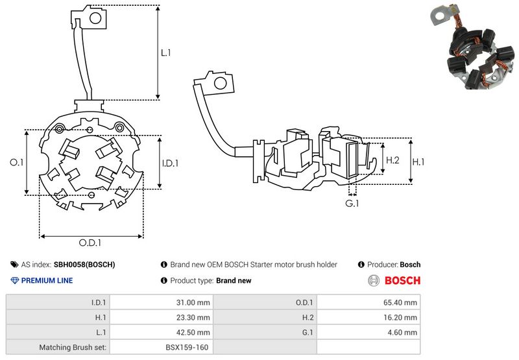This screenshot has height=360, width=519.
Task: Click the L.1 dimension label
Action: pyautogui.click(x=165, y=53)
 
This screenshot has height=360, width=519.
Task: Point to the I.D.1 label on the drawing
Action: pyautogui.click(x=170, y=163)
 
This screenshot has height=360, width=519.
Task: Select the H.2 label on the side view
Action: pyautogui.click(x=392, y=160)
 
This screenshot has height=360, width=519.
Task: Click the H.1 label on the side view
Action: pyautogui.click(x=418, y=161)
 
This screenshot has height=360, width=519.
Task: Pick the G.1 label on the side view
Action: pyautogui.click(x=352, y=204)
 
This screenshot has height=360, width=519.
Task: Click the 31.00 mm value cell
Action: pyautogui.click(x=193, y=302)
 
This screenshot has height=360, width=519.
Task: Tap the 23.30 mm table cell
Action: pyautogui.click(x=193, y=317)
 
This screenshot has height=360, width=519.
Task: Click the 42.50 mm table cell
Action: pyautogui.click(x=193, y=333)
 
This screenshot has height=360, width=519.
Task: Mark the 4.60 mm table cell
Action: pyautogui.click(x=402, y=333)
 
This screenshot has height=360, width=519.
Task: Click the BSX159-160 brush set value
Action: pyautogui.click(x=187, y=348)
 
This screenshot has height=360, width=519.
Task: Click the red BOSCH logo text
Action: pyautogui.click(x=402, y=281)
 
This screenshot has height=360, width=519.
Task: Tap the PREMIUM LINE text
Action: pyautogui.click(x=47, y=281)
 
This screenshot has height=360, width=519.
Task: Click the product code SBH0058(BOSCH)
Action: pyautogui.click(x=84, y=265)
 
